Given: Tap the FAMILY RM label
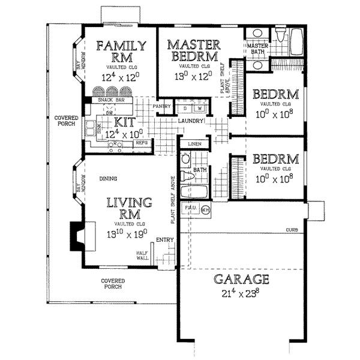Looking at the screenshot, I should point(122,51).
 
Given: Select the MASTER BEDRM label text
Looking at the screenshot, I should point(194,51).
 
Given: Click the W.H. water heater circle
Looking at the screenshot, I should point(205,211).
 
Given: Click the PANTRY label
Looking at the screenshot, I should point(162,107).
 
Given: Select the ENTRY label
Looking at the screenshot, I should point(165,241).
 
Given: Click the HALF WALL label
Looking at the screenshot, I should point(142,256).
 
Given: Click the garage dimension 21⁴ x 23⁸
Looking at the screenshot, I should point(239,293).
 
